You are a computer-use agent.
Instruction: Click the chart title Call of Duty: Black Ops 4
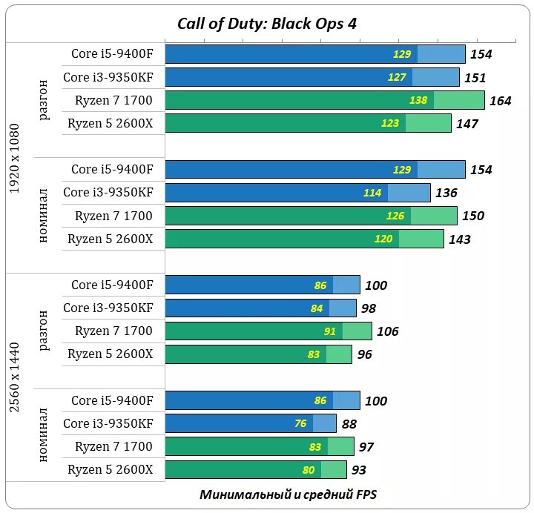click(267, 23)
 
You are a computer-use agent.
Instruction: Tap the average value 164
click(501, 101)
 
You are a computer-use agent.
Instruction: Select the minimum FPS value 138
click(418, 100)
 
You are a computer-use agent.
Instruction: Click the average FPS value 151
click(475, 78)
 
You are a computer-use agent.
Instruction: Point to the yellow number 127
click(397, 77)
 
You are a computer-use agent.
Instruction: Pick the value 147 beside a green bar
click(467, 124)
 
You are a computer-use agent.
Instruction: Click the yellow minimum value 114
click(372, 193)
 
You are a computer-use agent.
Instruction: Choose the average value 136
click(446, 193)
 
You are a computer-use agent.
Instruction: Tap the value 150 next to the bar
click(472, 216)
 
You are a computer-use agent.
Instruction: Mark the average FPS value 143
click(459, 239)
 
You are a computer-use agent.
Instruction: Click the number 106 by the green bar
click(387, 331)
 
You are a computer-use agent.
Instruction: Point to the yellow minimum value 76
click(300, 424)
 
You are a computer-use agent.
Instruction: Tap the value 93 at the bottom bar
click(359, 470)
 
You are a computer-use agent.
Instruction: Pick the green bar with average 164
click(324, 100)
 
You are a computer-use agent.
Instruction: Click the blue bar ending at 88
click(250, 423)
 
